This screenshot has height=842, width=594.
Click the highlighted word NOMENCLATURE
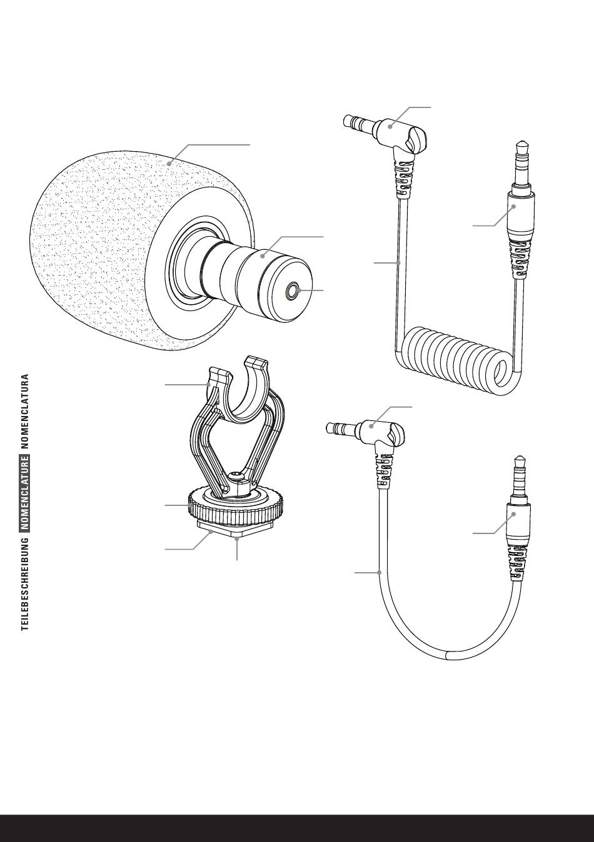click(x=25, y=493)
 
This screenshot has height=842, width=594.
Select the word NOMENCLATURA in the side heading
click(x=25, y=412)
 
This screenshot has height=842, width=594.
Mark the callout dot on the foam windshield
click(x=169, y=164)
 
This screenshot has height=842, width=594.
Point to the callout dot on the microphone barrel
click(x=263, y=254)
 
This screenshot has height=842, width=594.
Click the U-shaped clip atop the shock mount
click(x=238, y=390)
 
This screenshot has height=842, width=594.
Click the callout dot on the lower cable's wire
click(x=380, y=572)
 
